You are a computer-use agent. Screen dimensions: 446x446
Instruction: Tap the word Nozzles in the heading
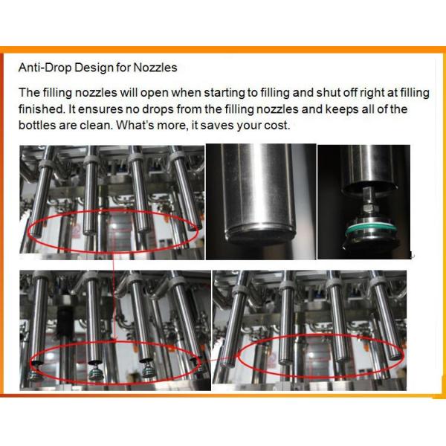coord(155,68)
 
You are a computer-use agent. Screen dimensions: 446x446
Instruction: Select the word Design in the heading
coord(94,68)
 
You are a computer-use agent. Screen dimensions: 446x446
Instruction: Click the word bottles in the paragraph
coord(37,126)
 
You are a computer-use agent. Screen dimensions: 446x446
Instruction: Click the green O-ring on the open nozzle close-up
coord(369,229)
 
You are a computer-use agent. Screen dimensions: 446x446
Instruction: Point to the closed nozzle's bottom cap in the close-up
coord(261,233)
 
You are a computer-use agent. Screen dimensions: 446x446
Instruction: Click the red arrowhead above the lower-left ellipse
coord(114,339)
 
